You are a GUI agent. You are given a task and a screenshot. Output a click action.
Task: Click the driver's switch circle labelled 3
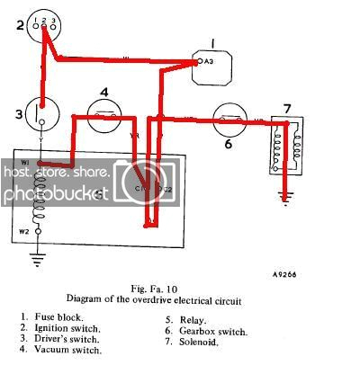[x=39, y=115]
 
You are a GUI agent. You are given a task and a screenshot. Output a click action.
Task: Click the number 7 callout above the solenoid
[x=287, y=109]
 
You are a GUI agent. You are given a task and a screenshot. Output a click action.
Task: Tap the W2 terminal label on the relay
[x=25, y=231]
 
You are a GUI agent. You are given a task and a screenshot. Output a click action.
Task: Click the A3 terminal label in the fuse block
[x=208, y=62]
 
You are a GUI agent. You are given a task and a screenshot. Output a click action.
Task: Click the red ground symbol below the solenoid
[x=286, y=197]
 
